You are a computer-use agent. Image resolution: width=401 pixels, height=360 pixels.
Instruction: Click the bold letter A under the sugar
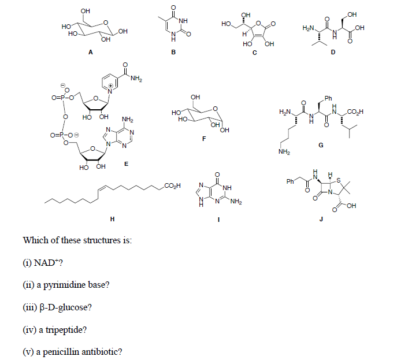90,52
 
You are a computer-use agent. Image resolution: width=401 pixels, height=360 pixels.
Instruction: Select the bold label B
165,52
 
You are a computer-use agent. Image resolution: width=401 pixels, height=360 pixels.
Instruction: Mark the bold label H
112,219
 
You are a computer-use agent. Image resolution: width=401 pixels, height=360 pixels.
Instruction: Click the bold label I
217,219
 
